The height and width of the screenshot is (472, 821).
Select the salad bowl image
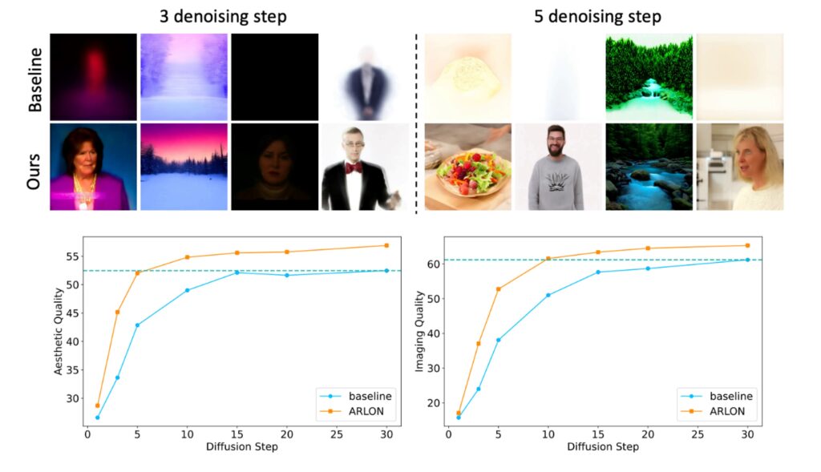click(467, 167)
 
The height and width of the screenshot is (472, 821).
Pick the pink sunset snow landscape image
click(184, 167)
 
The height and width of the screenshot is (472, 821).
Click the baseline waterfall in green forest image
click(648, 77)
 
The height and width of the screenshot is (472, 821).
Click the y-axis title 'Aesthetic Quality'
click(59, 330)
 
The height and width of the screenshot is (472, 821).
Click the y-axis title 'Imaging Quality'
click(419, 330)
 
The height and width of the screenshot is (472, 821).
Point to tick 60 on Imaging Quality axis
click(432, 264)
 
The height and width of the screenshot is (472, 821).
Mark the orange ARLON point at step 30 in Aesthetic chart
click(386, 245)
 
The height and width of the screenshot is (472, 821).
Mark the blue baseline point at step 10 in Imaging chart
click(548, 295)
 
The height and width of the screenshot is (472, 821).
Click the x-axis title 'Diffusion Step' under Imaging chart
click(603, 446)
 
